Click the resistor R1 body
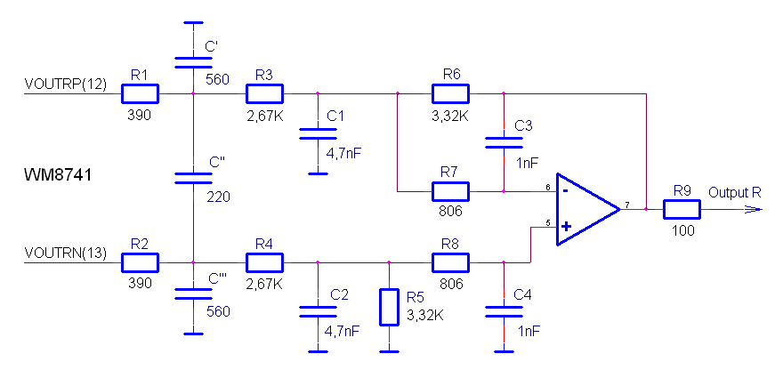(140, 93)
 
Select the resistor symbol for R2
(140, 262)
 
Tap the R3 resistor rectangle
(264, 93)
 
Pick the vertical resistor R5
(389, 307)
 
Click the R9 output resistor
(682, 209)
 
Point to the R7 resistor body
(450, 191)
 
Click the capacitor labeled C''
(193, 179)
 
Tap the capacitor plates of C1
(319, 133)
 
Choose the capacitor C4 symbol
(504, 311)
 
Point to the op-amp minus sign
(565, 190)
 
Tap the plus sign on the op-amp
(566, 227)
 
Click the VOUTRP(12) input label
(66, 84)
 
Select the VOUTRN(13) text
(66, 253)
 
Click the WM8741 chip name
(58, 175)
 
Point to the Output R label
(736, 192)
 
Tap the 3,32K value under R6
(450, 116)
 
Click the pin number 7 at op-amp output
(626, 205)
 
